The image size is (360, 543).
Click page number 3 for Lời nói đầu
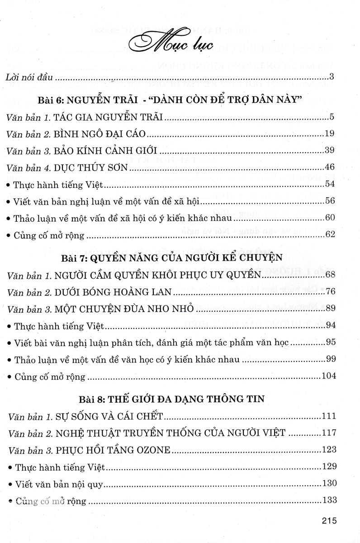[x=332, y=76]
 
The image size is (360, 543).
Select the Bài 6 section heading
[x=180, y=100]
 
